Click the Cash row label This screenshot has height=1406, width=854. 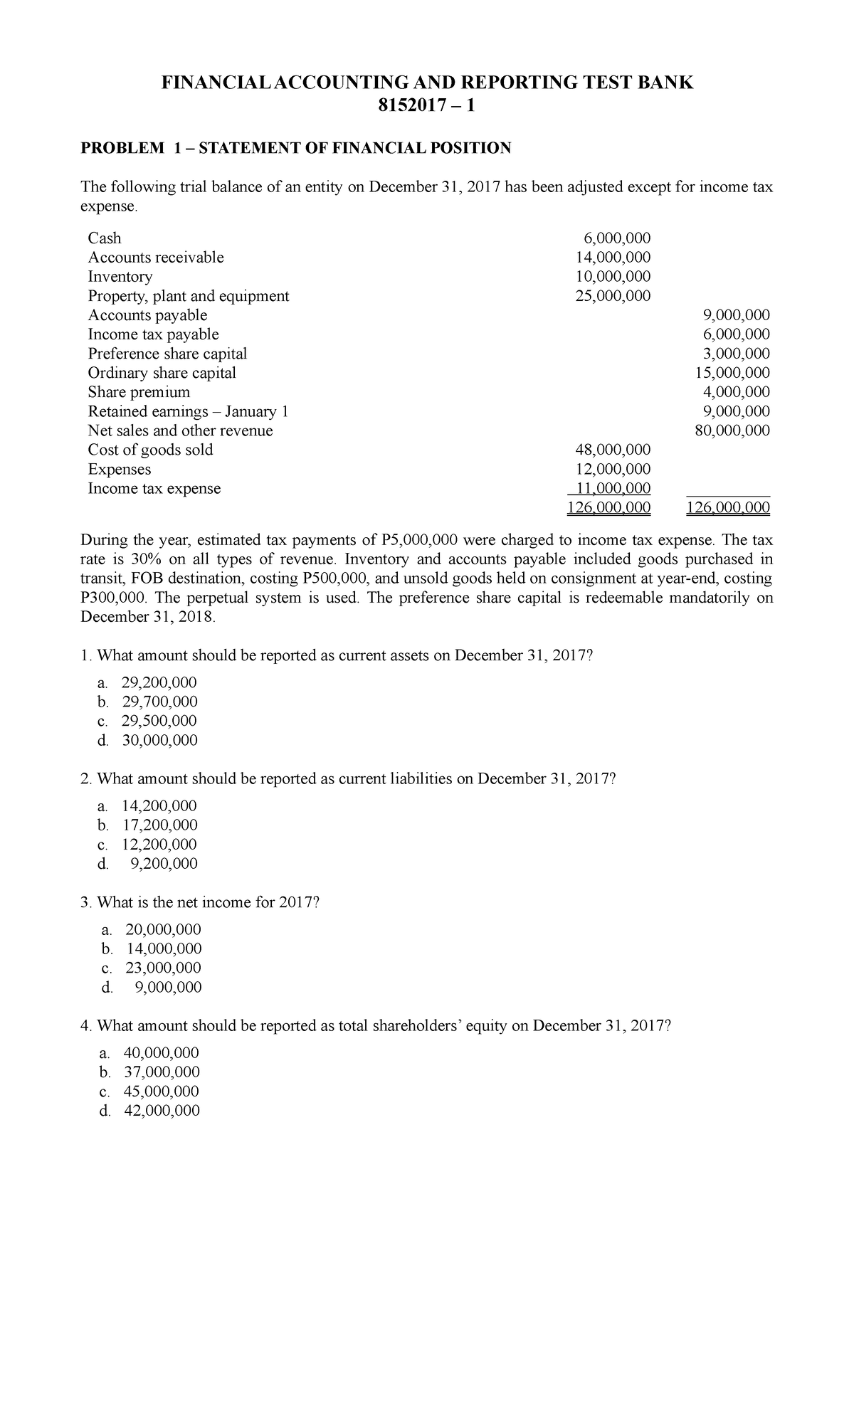(104, 238)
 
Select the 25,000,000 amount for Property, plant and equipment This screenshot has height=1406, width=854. (612, 296)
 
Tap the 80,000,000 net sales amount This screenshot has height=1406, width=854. (732, 430)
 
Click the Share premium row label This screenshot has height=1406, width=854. (139, 392)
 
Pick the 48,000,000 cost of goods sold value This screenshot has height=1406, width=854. (612, 450)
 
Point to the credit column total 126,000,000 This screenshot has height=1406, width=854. (727, 507)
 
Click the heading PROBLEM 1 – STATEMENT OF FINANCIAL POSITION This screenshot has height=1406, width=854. (295, 148)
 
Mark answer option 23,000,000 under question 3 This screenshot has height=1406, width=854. (163, 968)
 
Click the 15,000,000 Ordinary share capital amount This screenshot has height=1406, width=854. (732, 373)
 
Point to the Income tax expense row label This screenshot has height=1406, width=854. (154, 489)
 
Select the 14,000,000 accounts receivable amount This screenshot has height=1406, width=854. (612, 258)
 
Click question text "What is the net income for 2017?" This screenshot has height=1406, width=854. (208, 902)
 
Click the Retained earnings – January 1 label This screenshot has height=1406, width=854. (188, 411)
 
